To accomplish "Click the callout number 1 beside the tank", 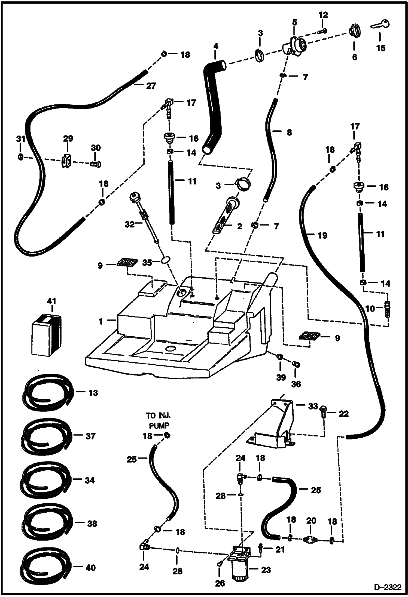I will tap(101, 321).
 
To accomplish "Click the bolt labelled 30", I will tap(95, 164).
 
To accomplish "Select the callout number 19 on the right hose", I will tap(322, 235).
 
